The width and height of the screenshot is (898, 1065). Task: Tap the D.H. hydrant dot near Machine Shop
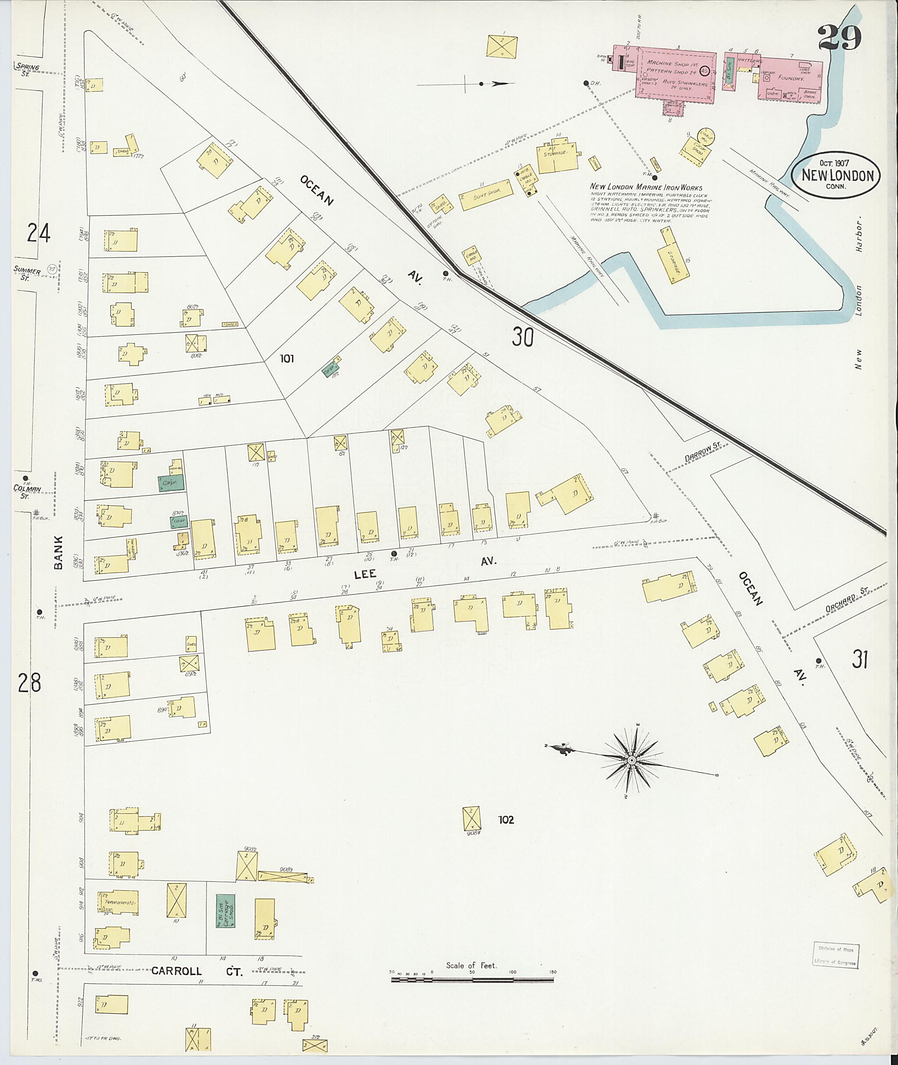(586, 82)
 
